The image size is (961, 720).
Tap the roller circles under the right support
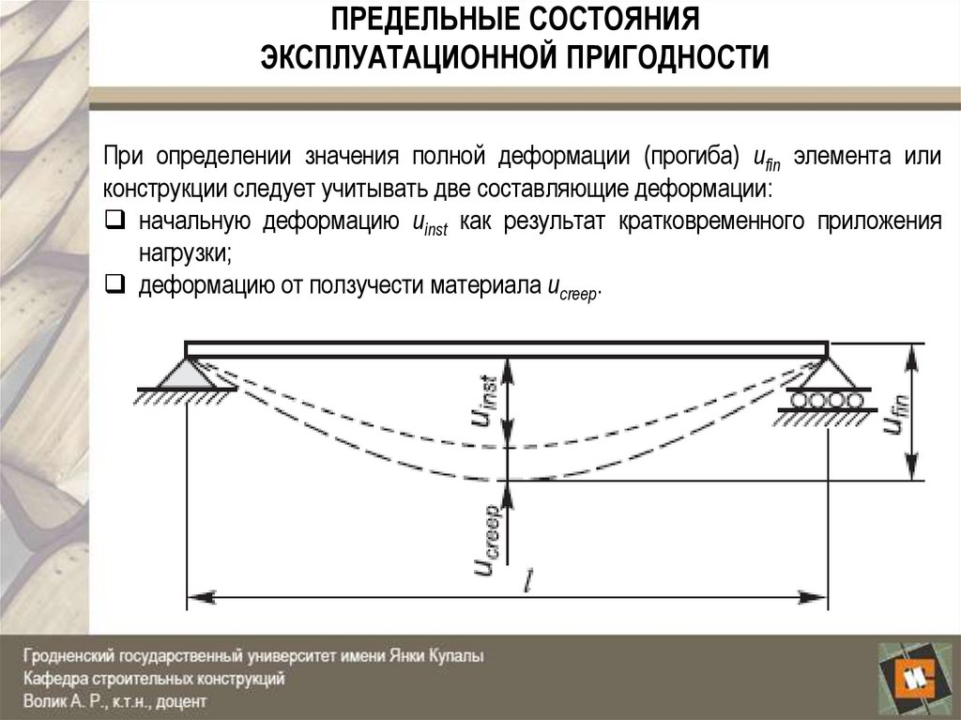824,400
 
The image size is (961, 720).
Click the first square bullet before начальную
114,222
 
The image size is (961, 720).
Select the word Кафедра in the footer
54,678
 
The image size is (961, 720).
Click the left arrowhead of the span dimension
195,596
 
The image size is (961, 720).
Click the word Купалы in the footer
457,657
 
